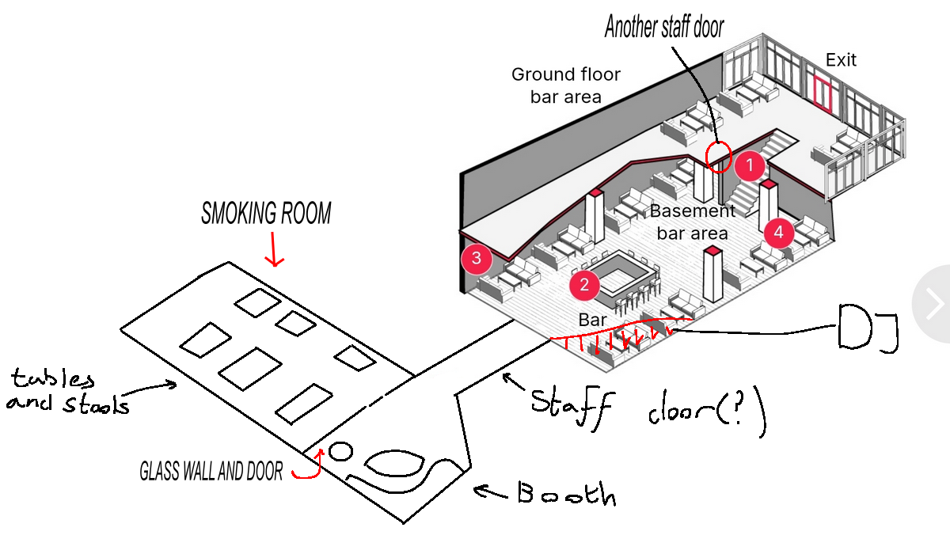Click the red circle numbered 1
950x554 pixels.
pos(750,165)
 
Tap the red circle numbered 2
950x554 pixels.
pos(584,285)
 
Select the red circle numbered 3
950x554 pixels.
pos(477,258)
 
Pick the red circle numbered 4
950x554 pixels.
pos(779,232)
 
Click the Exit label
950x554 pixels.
pos(841,60)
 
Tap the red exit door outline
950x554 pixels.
pos(822,94)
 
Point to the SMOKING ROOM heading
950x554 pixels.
pos(266,213)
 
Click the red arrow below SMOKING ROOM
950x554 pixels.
pos(274,249)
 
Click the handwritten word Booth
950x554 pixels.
pos(567,493)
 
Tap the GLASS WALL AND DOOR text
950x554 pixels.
pos(211,471)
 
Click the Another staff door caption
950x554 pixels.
pos(664,27)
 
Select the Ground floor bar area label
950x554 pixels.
pos(566,85)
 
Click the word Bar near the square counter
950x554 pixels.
pos(592,320)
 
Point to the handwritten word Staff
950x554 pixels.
pos(572,408)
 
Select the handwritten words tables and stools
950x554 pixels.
pos(68,391)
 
